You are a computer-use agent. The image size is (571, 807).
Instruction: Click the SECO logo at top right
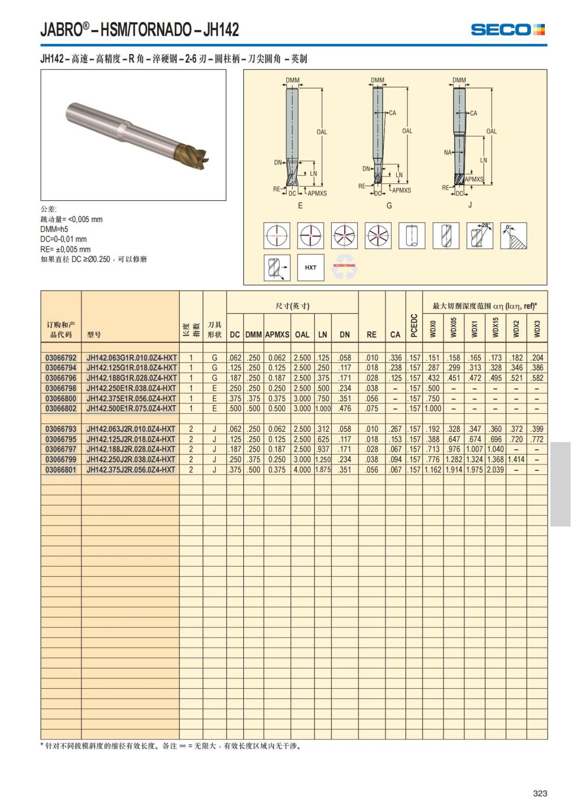click(x=508, y=29)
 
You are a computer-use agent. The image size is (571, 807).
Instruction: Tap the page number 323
click(x=540, y=793)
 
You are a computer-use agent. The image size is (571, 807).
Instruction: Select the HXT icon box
click(x=310, y=267)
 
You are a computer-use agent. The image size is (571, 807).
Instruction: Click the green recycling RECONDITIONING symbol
click(x=345, y=267)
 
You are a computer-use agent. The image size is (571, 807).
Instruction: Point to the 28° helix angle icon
click(x=479, y=235)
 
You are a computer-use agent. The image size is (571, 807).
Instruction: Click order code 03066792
click(x=61, y=358)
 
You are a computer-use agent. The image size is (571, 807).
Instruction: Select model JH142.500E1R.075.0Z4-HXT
click(x=131, y=408)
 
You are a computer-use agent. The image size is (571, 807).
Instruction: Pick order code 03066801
click(x=61, y=470)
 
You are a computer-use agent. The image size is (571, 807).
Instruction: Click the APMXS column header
click(x=277, y=334)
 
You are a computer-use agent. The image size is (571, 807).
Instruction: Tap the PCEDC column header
click(x=414, y=326)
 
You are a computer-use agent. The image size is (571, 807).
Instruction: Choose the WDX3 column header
click(x=537, y=328)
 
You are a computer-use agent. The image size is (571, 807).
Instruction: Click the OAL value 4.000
click(x=302, y=470)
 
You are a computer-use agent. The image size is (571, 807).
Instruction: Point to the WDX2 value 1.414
click(x=516, y=459)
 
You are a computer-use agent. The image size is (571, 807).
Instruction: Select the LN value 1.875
click(x=323, y=470)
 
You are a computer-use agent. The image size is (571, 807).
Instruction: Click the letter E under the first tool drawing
click(x=300, y=205)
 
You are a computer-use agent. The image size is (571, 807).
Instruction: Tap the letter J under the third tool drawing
click(x=470, y=205)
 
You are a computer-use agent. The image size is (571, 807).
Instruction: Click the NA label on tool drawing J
click(x=447, y=153)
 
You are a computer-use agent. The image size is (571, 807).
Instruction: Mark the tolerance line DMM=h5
click(x=54, y=229)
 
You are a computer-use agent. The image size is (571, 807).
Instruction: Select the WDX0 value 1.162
click(x=433, y=470)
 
